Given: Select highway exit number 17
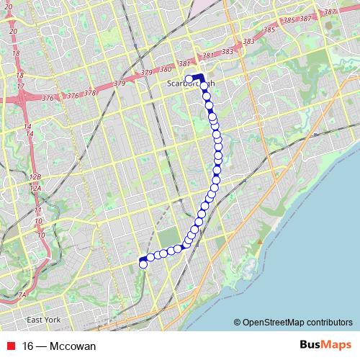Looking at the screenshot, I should (x=20, y=86).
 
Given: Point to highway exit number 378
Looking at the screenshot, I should (x=90, y=93).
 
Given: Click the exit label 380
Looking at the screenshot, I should (x=166, y=69).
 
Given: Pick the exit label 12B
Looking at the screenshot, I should (x=35, y=176).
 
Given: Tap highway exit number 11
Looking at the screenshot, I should (x=39, y=210).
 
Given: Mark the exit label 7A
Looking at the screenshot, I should (x=22, y=294).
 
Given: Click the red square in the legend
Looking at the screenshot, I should (x=10, y=346).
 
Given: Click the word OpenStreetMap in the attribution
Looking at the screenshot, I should (x=274, y=323).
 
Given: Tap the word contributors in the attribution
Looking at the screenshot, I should (x=329, y=323).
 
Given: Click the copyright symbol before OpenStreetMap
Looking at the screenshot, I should (x=238, y=323).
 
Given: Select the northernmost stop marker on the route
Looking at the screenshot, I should (x=189, y=79).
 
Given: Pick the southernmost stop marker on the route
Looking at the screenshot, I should (x=143, y=264).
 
